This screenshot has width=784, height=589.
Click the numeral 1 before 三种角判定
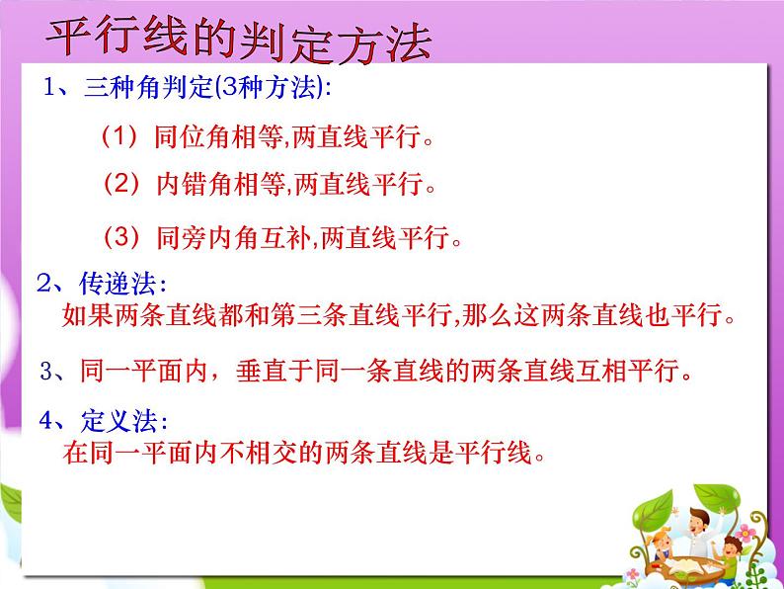49,87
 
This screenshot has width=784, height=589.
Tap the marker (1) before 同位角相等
119,136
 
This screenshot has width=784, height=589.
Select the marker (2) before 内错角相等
121,183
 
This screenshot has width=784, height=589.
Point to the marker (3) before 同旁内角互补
121,236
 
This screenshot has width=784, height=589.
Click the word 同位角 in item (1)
193,136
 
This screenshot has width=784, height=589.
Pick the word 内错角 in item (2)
194,184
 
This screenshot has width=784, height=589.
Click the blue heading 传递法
118,284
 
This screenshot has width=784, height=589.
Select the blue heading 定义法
119,420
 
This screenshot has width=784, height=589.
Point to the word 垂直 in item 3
262,371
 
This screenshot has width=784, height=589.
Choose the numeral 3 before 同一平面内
46,372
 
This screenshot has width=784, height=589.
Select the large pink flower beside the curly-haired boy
745,532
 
